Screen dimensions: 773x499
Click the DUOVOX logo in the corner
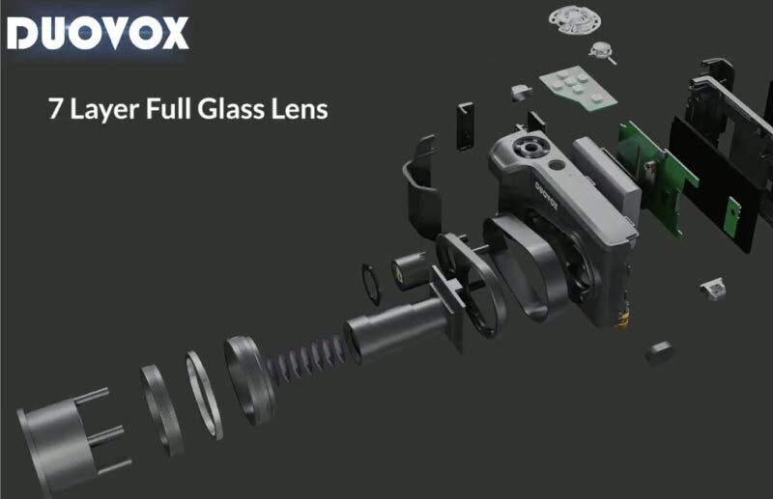[x=98, y=33]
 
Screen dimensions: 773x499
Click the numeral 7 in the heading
[x=54, y=109]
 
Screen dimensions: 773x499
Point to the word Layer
[x=104, y=109]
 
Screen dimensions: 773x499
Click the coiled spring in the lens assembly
[x=305, y=358]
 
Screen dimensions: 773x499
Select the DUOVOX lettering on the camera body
[x=546, y=196]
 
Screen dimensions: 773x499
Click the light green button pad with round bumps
[x=578, y=88]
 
